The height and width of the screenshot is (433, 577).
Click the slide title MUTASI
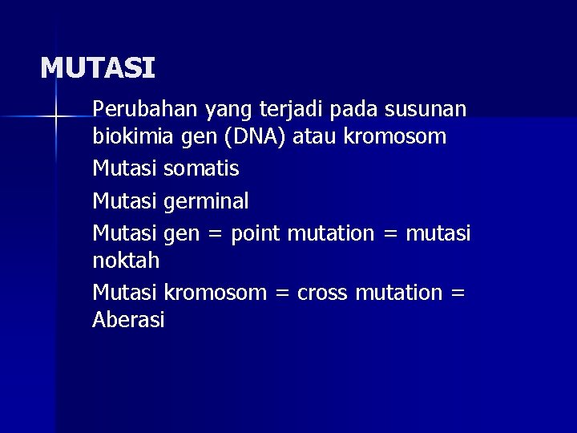(x=98, y=67)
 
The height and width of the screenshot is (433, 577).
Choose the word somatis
(x=201, y=169)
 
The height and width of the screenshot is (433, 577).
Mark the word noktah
(x=126, y=262)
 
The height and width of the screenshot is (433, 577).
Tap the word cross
(x=322, y=293)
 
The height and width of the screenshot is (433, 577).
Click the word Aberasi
(x=129, y=321)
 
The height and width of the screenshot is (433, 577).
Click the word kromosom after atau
(x=395, y=138)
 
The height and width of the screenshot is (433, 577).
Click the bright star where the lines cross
(x=55, y=118)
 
